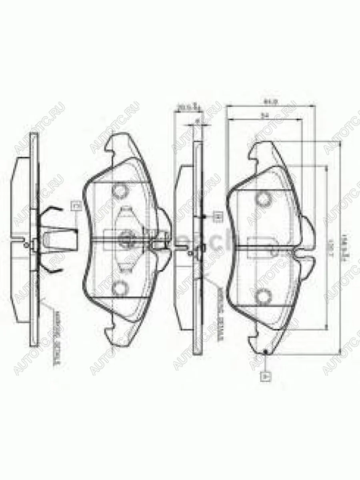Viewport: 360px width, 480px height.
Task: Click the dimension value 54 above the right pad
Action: click(264, 115)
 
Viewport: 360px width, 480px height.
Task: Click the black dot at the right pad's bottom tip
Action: click(265, 352)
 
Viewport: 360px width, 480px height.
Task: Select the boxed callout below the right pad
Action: click(265, 376)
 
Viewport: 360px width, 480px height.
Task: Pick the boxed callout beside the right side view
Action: click(218, 216)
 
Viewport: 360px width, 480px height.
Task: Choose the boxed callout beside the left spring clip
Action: click(76, 206)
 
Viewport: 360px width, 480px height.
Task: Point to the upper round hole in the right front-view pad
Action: click(264, 198)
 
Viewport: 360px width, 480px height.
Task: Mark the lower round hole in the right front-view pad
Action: click(264, 296)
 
